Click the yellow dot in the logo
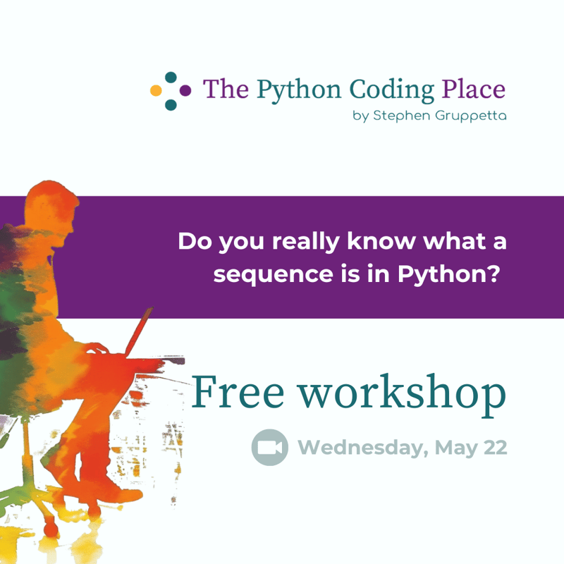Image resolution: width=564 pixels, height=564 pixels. pos(157,90)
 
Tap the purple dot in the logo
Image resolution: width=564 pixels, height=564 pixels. pos(185,90)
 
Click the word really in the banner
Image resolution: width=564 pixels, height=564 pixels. pos(307,242)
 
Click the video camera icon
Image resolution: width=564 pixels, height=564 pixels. pos(269,448)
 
